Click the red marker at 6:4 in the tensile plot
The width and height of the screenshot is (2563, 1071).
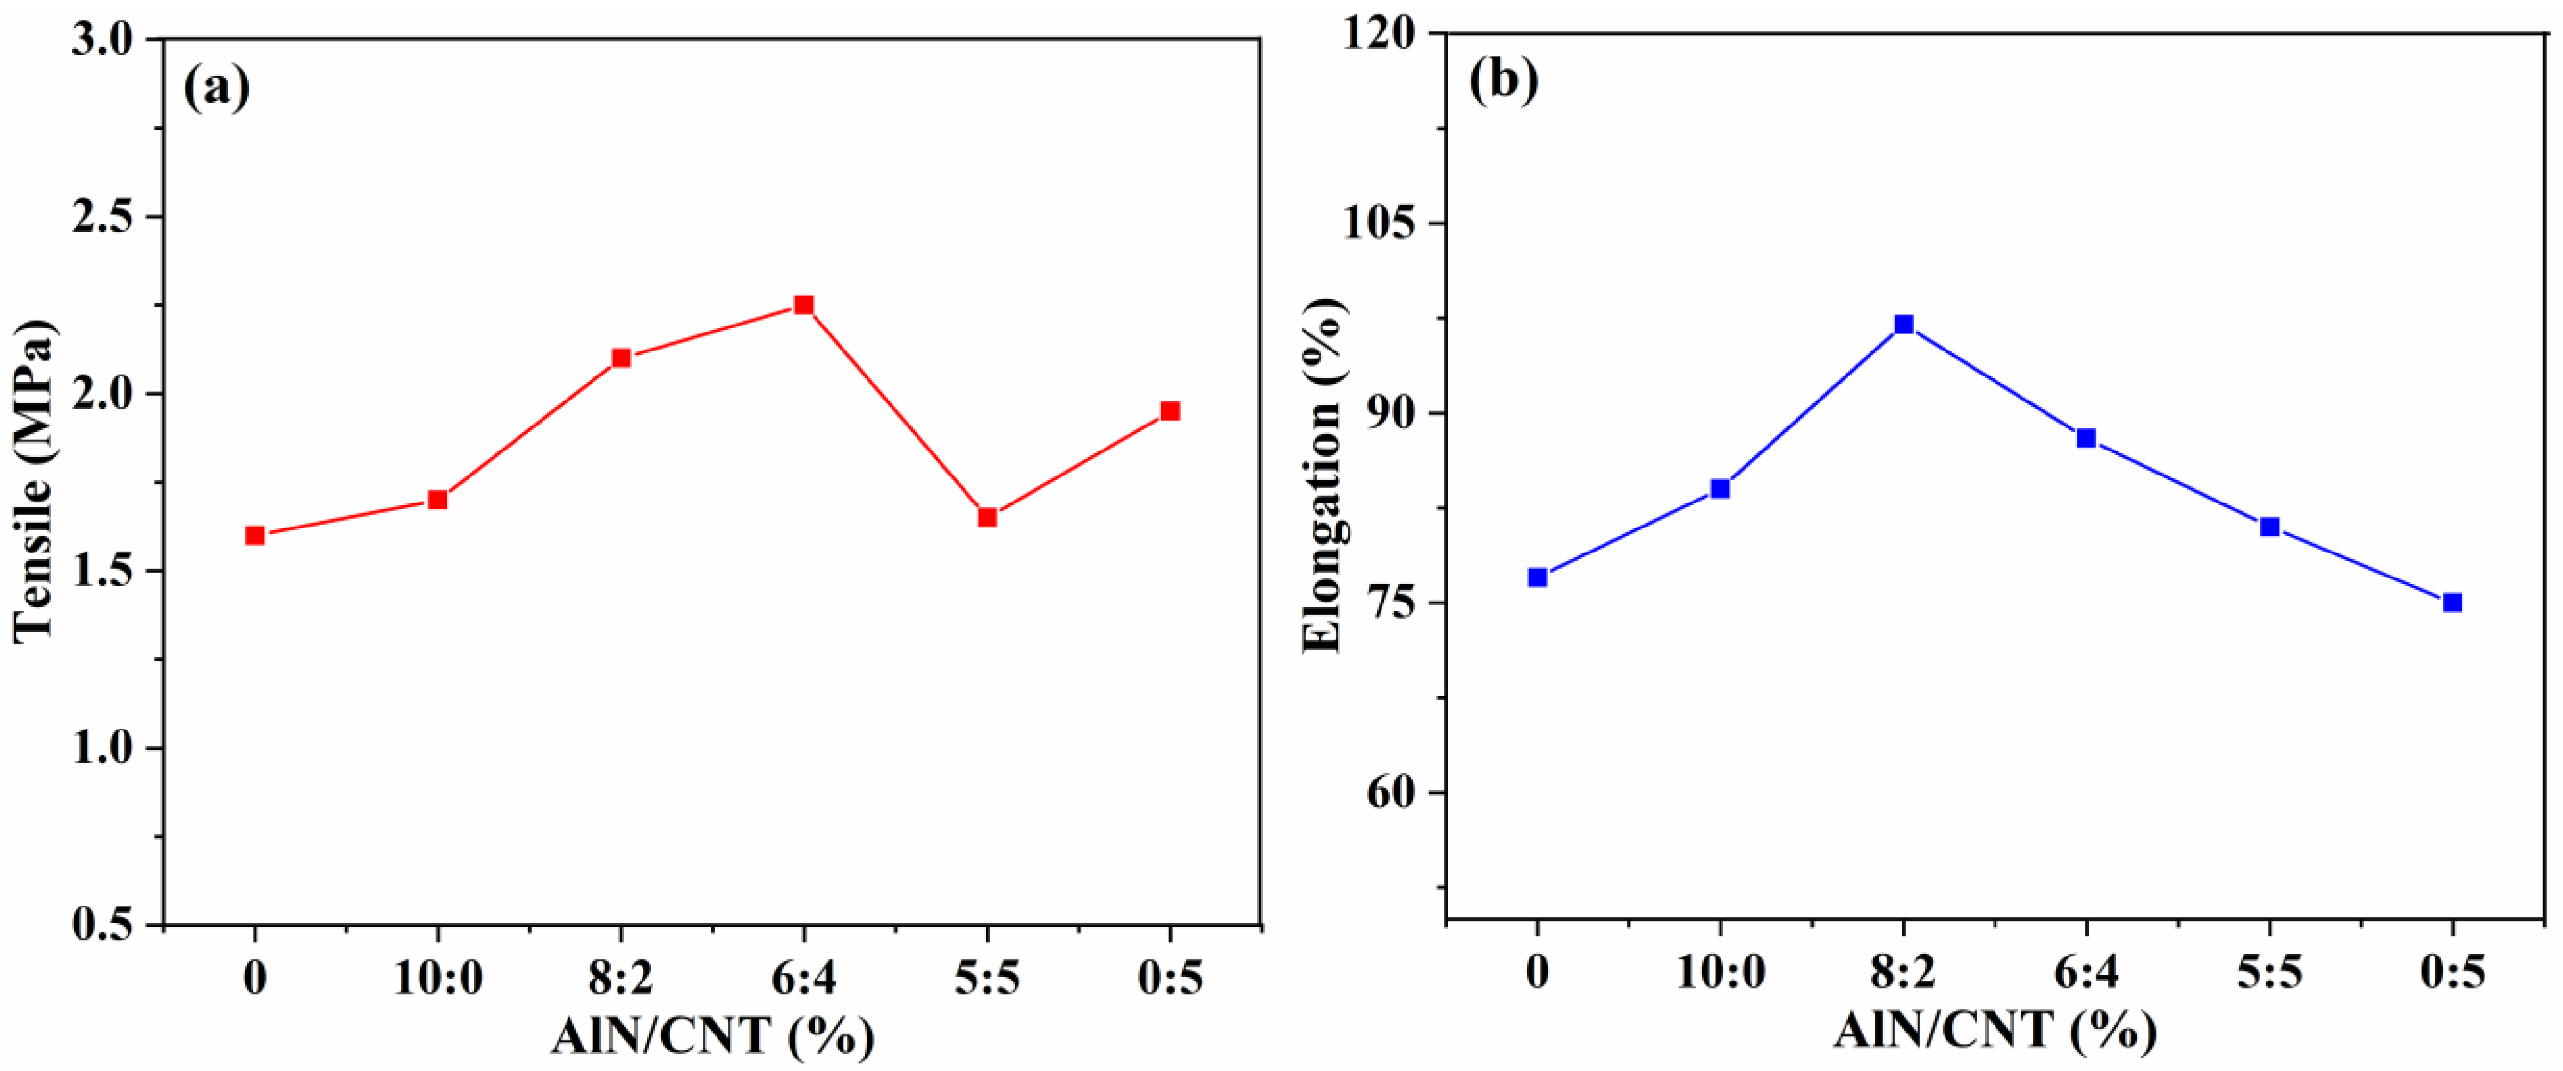(x=804, y=305)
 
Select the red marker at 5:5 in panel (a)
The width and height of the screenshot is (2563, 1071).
(x=987, y=517)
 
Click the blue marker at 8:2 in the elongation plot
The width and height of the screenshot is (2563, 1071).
(x=1904, y=325)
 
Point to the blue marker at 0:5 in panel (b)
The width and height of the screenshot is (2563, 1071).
(x=2453, y=602)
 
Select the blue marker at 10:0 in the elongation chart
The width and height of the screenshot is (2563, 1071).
(x=1720, y=489)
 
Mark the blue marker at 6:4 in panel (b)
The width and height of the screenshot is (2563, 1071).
(x=2086, y=438)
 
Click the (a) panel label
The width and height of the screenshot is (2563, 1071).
(x=216, y=88)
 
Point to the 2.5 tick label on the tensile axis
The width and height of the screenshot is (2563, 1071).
(x=106, y=217)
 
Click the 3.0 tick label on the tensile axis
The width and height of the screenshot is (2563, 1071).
(x=106, y=40)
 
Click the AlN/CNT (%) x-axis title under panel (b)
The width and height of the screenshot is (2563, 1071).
(x=1995, y=1030)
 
